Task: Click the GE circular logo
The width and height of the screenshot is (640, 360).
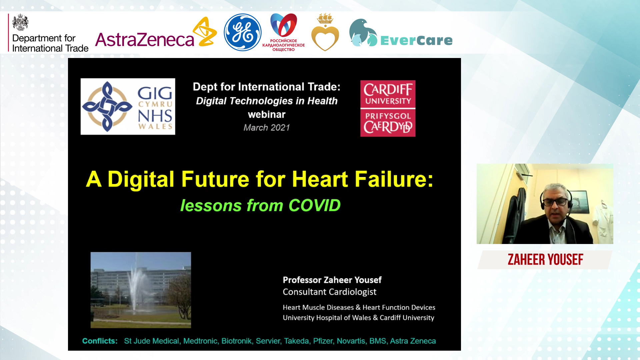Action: coord(242,32)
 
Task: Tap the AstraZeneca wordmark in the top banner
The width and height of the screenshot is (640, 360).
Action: coord(145,40)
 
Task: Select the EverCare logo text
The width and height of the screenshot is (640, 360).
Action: coord(416,41)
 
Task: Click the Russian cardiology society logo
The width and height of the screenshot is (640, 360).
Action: coord(284,32)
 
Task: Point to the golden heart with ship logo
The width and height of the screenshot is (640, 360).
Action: coord(325,32)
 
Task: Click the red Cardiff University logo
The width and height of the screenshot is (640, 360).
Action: coord(388,108)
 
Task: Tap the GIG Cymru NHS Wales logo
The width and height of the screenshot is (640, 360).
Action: coord(128,106)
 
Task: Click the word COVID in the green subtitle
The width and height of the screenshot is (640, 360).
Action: coord(314,205)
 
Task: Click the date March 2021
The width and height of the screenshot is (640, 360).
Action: coord(267,128)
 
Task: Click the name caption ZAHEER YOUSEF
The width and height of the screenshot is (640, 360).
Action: coord(545,260)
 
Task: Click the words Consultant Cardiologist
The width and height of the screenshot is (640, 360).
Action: coord(329,292)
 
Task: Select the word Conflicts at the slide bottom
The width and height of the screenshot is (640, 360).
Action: coord(100,341)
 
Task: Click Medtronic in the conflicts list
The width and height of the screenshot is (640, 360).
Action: coord(201,341)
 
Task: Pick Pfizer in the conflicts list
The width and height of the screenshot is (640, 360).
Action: coord(323,341)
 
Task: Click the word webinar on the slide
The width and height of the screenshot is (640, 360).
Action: coord(267,115)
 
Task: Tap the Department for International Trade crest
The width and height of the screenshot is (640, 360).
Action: coord(20,22)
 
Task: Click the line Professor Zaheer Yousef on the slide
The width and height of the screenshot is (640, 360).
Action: coord(332,280)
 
